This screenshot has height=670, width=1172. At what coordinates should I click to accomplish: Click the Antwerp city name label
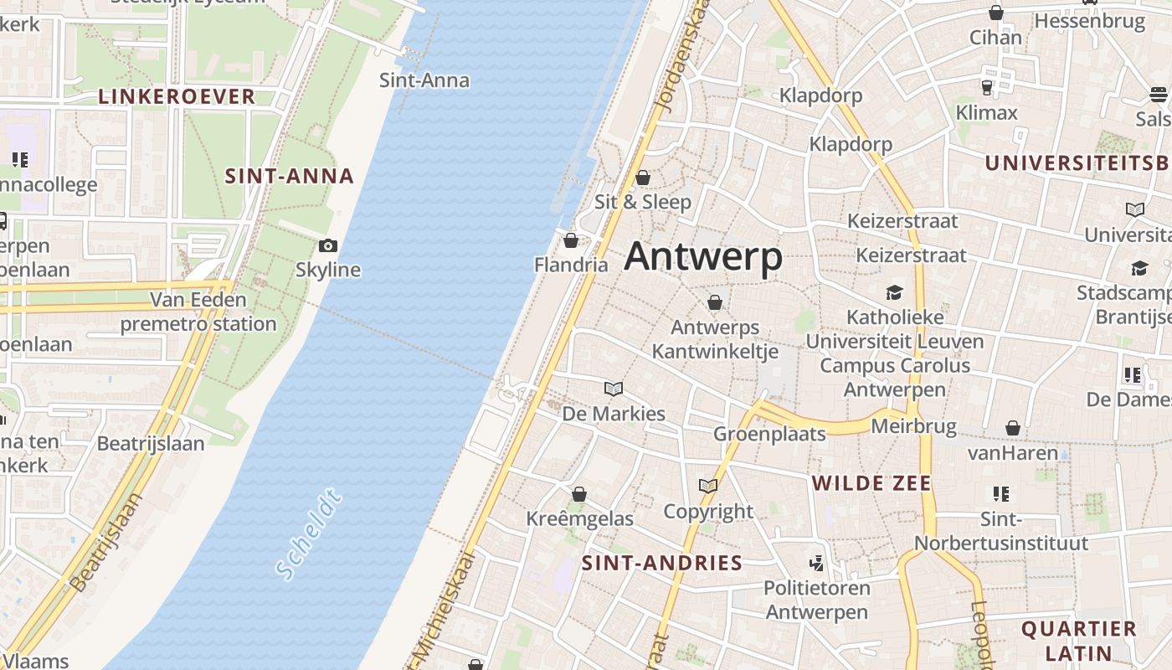click(x=703, y=256)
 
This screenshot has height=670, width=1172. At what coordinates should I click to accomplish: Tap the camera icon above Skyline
click(x=328, y=245)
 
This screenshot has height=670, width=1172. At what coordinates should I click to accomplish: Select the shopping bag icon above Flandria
click(x=571, y=241)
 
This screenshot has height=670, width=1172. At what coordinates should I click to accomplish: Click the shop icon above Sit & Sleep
click(x=643, y=178)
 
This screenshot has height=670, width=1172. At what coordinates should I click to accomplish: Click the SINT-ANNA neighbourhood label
click(x=290, y=177)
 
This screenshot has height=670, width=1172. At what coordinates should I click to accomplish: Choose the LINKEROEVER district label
click(x=177, y=96)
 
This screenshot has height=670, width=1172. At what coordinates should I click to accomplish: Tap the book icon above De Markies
click(x=614, y=389)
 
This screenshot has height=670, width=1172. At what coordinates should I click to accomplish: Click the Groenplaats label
click(x=769, y=434)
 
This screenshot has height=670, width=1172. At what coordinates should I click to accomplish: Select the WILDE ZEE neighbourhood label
click(x=871, y=483)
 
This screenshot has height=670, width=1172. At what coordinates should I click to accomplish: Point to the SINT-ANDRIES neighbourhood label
click(x=662, y=563)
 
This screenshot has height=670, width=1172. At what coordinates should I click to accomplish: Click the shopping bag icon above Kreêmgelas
click(x=578, y=494)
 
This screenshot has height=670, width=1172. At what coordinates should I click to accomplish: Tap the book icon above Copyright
click(x=708, y=486)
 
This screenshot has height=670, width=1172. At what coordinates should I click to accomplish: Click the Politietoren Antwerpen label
click(x=817, y=600)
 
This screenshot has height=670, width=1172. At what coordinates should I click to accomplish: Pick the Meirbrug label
click(x=913, y=426)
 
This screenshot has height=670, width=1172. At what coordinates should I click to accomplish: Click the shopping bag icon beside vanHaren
click(x=1013, y=429)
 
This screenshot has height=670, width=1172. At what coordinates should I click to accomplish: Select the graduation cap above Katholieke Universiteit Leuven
click(x=895, y=292)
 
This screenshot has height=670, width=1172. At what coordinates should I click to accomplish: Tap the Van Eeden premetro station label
click(x=198, y=312)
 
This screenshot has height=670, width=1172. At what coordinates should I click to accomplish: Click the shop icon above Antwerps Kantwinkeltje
click(x=715, y=302)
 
